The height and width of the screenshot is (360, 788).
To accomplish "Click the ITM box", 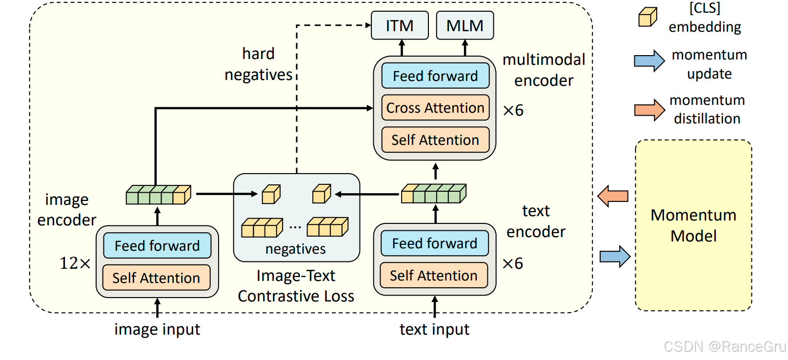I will click(400, 25).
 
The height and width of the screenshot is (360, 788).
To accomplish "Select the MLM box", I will click(465, 25).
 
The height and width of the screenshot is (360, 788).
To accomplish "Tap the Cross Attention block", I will click(435, 108).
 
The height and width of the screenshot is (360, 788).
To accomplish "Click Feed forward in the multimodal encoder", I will click(435, 76).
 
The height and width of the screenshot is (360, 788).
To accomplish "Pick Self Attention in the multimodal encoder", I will click(435, 140).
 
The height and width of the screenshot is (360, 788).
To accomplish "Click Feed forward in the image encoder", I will click(157, 245).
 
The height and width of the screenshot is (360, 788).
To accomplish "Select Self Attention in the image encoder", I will click(156, 278).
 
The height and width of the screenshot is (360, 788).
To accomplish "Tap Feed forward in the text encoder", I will click(434, 243).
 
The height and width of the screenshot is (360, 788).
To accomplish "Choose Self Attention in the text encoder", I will click(434, 276).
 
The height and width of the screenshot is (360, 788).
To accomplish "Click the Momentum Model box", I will click(693, 225).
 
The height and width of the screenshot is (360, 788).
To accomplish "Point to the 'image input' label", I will click(157, 330).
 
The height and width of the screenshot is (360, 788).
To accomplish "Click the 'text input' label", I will click(434, 330).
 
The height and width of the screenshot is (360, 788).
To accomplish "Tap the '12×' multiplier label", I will click(75, 263).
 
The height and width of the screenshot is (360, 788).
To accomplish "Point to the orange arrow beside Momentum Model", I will click(613, 196).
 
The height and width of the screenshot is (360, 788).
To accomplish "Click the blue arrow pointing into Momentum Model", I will click(615, 256).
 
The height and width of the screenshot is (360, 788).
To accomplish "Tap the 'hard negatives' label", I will click(258, 64).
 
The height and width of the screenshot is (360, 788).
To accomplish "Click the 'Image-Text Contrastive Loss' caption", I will click(296, 286).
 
